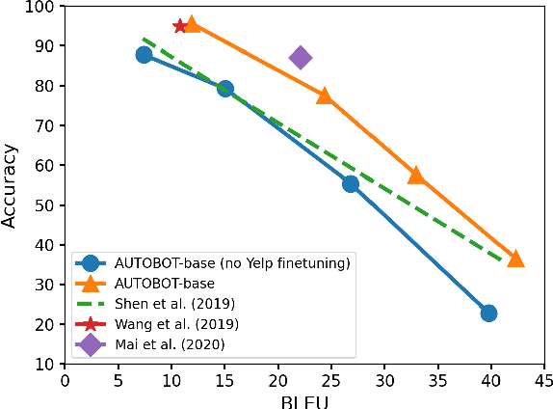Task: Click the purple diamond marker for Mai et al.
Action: coord(301,58)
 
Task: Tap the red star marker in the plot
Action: coord(180,26)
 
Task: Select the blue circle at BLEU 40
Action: coord(488,313)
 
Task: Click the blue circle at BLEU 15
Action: coord(225,89)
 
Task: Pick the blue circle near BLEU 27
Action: coord(351,183)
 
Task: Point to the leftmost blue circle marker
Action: coord(144,55)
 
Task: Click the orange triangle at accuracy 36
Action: coord(515,259)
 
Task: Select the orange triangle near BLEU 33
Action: coord(416,176)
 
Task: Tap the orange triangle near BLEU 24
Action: coord(325,95)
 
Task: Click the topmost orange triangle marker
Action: coord(192,24)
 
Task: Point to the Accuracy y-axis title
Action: coord(11,185)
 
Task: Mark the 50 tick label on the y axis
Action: coord(44,205)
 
